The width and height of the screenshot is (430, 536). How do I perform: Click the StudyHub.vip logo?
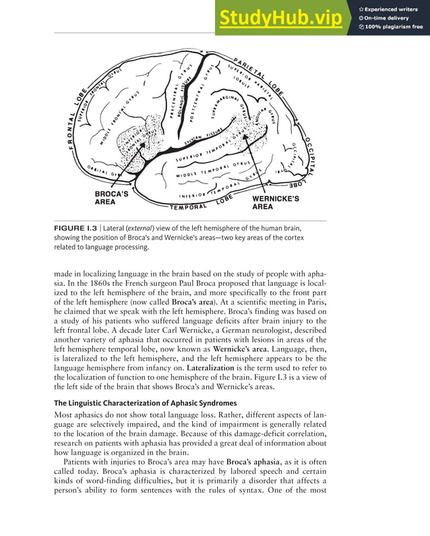click(280, 19)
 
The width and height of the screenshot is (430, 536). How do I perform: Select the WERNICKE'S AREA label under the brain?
click(275, 203)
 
